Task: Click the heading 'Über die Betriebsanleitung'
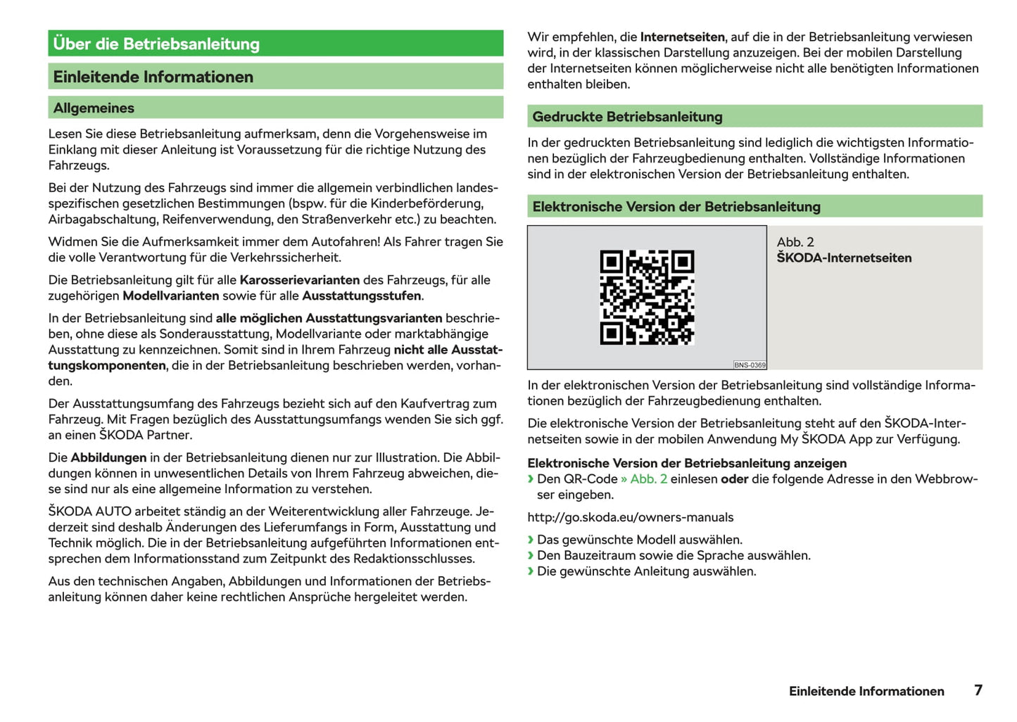pos(156,44)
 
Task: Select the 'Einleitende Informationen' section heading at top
pos(153,77)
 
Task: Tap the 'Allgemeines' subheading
pos(94,108)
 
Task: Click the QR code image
pos(647,297)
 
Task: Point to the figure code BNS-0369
pos(750,365)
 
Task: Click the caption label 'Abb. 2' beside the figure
pos(795,242)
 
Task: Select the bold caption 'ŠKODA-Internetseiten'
pos(844,258)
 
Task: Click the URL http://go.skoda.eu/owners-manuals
pos(630,517)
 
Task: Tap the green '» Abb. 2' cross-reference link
pos(643,479)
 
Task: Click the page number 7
pos(978,690)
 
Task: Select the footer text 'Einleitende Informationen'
pos(866,691)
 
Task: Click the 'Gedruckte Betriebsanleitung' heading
pos(627,117)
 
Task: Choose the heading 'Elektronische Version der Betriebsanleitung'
pos(676,207)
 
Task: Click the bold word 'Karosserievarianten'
pos(300,280)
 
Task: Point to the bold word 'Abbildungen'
pos(108,457)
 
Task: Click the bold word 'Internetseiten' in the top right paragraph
pos(682,37)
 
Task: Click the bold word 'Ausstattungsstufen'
pos(362,296)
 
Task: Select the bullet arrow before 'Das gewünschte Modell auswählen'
pos(531,540)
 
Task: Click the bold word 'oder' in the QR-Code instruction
pos(734,479)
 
